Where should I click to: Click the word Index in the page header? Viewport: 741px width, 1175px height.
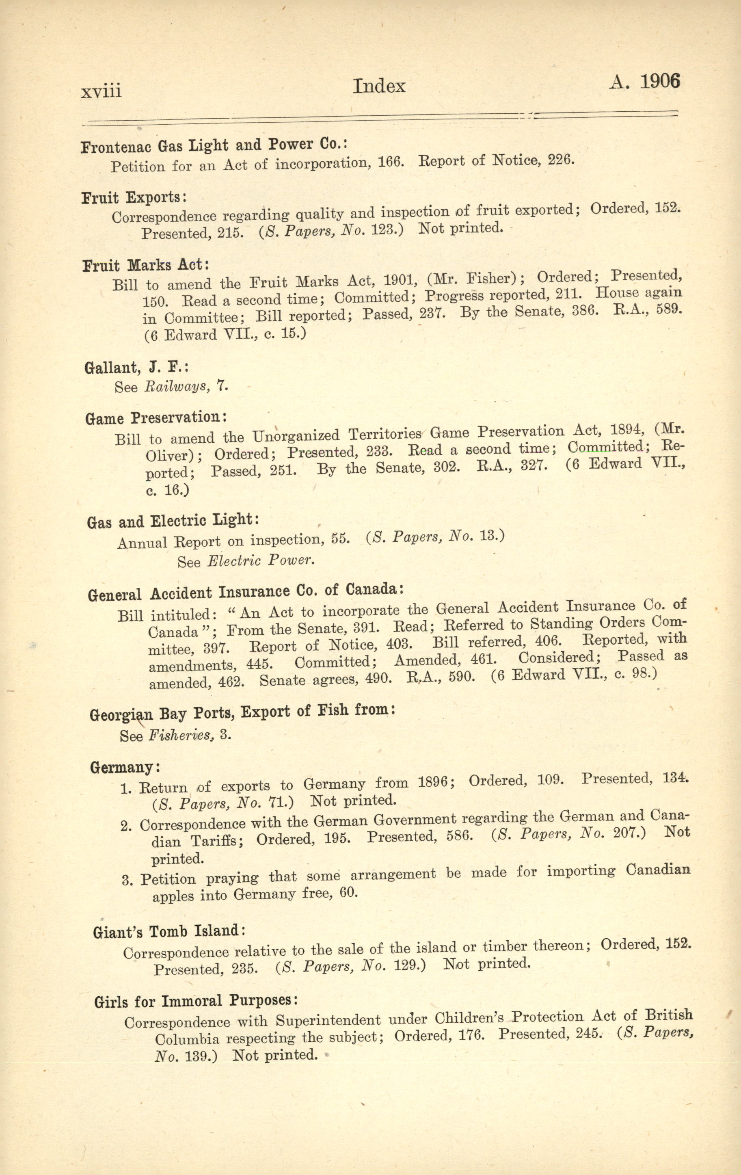point(379,87)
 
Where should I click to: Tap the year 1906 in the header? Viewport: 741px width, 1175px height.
point(659,82)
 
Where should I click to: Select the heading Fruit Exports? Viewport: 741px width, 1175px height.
point(134,198)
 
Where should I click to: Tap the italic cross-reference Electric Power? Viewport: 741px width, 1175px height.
point(261,560)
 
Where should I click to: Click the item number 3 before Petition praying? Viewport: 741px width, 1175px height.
point(128,880)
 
